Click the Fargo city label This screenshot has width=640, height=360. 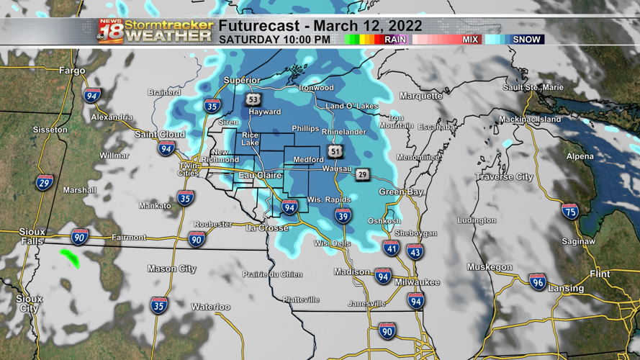click(x=73, y=71)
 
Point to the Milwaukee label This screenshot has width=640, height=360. click(x=417, y=282)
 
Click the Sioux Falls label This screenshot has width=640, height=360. click(x=32, y=237)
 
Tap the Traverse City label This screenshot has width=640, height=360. click(x=504, y=176)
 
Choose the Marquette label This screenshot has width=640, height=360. click(x=421, y=96)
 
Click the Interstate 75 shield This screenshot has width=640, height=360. click(x=570, y=211)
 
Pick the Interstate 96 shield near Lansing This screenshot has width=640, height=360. click(x=537, y=282)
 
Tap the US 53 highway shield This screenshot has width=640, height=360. click(x=252, y=99)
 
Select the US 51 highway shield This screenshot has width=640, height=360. click(x=335, y=151)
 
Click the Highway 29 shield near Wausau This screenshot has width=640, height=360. click(x=362, y=175)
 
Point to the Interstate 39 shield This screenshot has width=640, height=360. click(x=343, y=216)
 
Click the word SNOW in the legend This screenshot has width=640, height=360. click(x=526, y=40)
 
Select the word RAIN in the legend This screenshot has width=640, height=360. click(x=395, y=40)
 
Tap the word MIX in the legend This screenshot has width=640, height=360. click(x=471, y=40)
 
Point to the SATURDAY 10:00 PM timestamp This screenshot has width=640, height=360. click(x=275, y=40)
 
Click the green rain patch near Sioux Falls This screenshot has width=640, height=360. click(x=70, y=256)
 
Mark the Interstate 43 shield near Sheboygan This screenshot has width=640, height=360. click(x=415, y=251)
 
